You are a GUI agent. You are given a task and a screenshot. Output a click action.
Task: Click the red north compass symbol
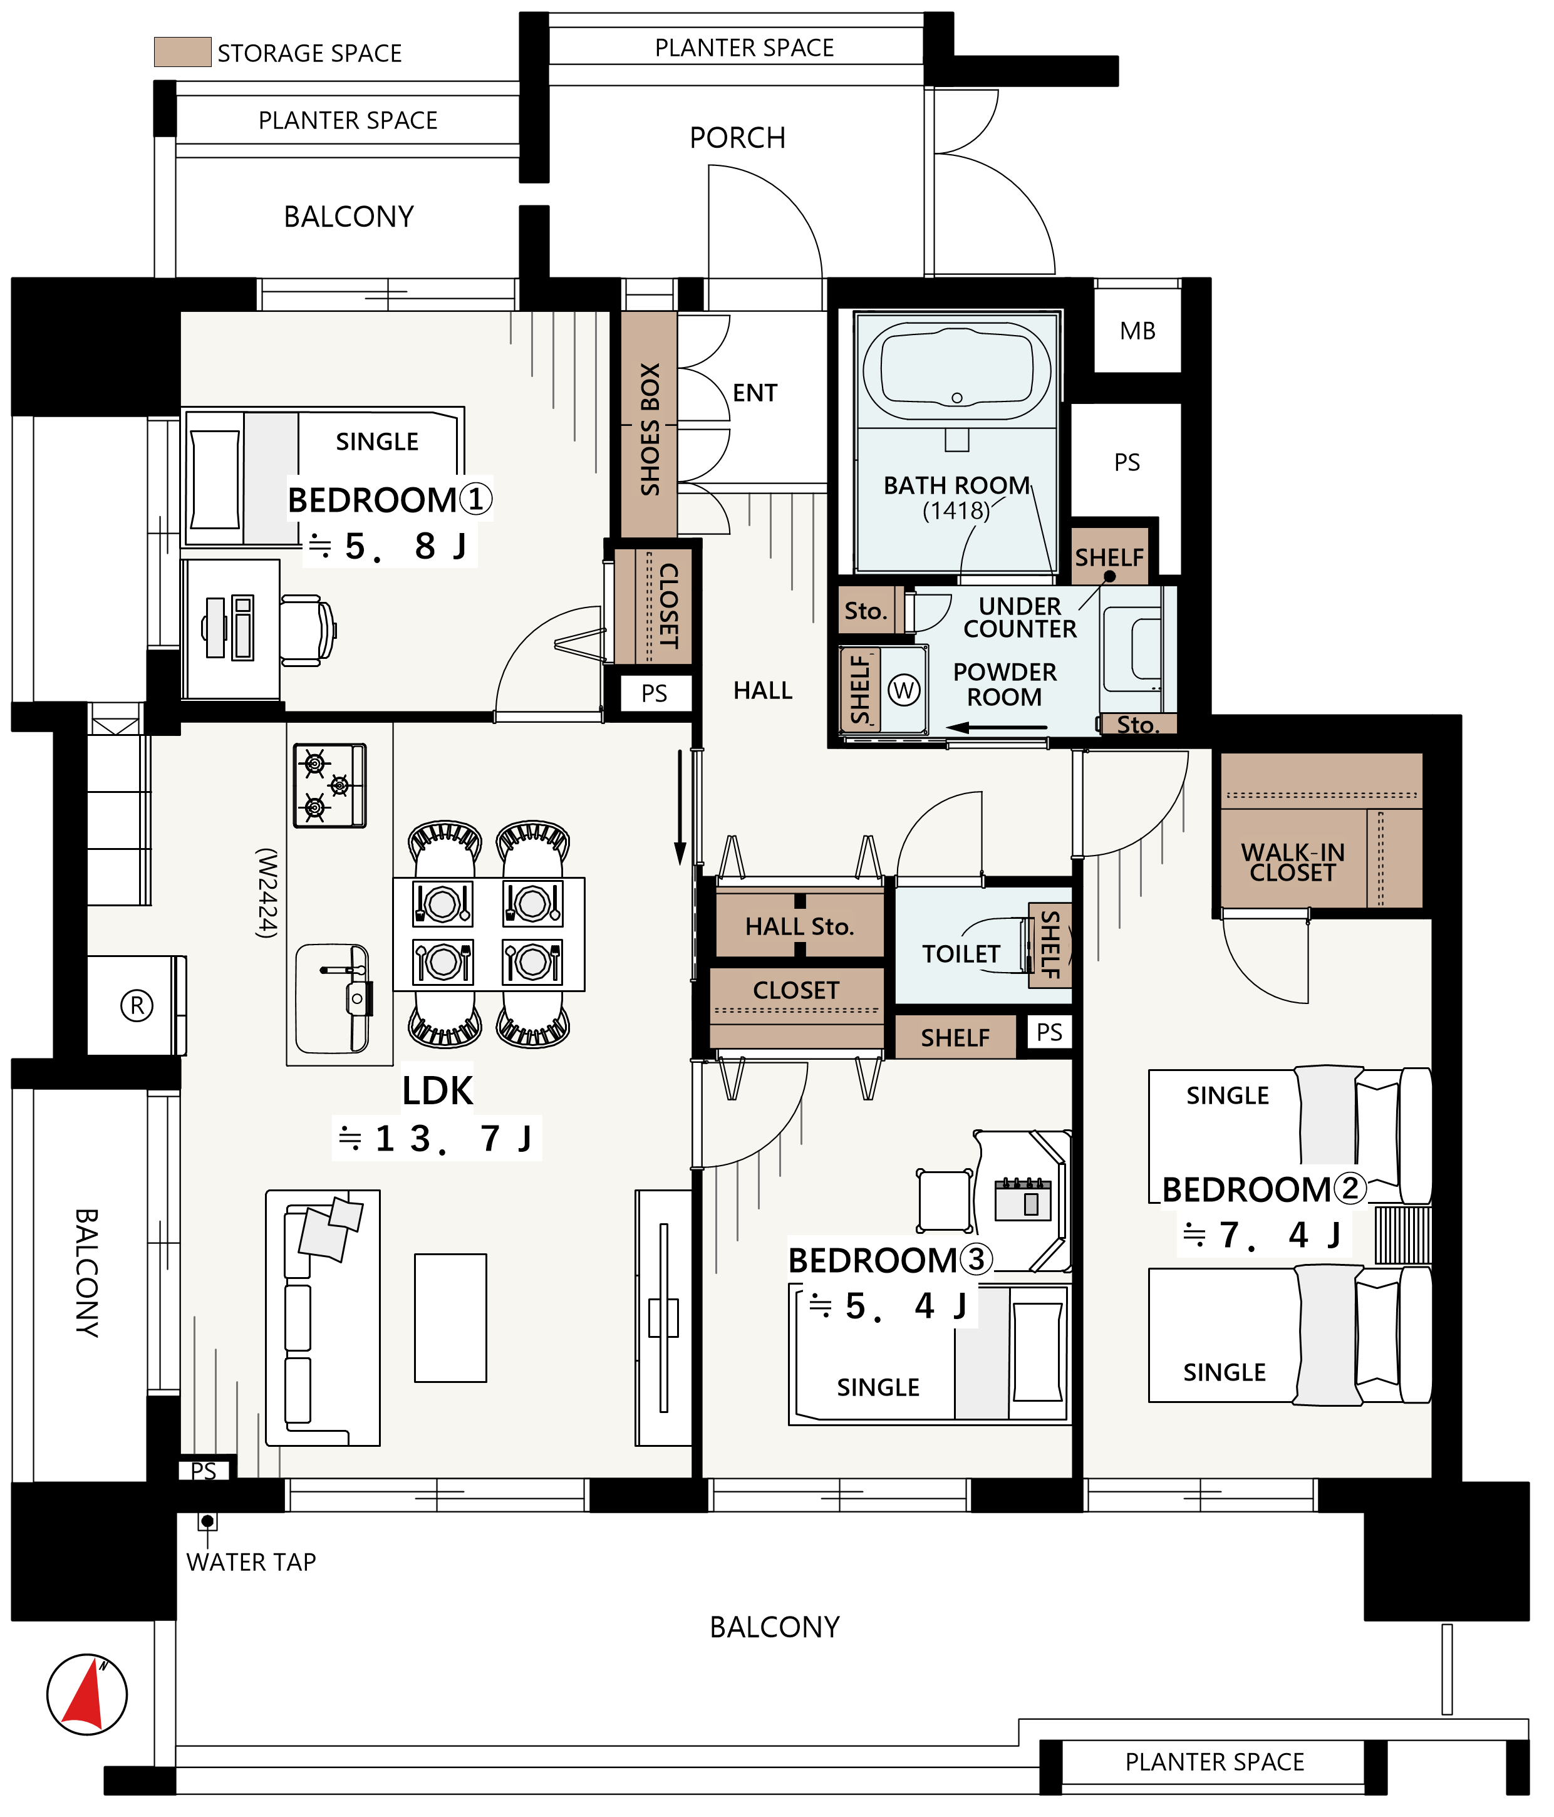(x=87, y=1694)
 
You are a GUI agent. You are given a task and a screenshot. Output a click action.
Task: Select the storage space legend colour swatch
(x=182, y=52)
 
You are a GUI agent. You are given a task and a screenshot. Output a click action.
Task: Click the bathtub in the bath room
(x=957, y=371)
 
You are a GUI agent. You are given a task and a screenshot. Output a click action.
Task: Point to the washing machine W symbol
(x=904, y=690)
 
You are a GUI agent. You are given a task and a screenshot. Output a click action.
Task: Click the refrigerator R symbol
(x=137, y=1005)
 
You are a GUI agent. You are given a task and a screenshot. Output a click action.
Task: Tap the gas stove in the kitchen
(x=329, y=785)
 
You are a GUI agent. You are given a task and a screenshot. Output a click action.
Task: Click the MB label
(x=1137, y=331)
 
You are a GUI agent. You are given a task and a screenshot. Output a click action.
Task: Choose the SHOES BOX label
(x=650, y=429)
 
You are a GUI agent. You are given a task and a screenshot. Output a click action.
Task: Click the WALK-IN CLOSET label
(x=1293, y=862)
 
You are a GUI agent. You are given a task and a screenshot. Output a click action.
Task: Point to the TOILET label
(x=961, y=954)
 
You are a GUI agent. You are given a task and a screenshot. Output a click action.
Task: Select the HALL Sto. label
(x=800, y=927)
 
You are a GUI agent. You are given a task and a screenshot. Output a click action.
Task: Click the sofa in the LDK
(x=323, y=1317)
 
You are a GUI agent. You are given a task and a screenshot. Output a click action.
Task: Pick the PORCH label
(x=737, y=138)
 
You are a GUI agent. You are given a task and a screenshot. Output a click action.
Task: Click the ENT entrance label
(x=755, y=393)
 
